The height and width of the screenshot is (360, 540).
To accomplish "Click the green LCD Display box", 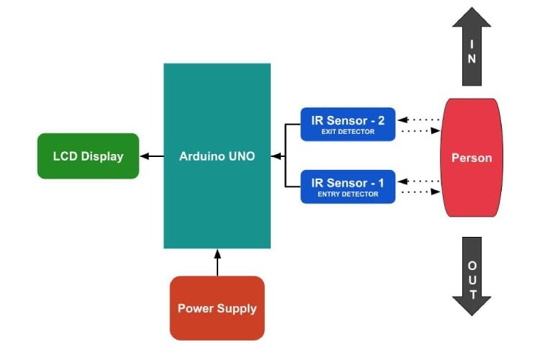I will tap(88, 156).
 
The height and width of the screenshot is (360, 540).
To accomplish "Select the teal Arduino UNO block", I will tap(217, 156).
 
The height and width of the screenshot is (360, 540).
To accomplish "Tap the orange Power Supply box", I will tap(217, 308).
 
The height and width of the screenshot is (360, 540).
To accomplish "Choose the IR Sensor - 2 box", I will tap(348, 124).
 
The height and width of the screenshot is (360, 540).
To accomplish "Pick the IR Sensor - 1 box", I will tap(348, 186).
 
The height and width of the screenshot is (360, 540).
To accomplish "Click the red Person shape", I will tap(472, 157).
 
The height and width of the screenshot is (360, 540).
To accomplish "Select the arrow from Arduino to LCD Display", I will tap(151, 156).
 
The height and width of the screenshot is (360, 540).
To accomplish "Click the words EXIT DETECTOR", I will tap(348, 132).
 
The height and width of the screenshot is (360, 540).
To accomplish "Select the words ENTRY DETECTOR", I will tap(348, 194).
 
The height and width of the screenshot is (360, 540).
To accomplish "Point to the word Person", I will tap(472, 158).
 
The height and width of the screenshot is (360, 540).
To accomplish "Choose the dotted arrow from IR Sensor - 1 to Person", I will tap(419, 192).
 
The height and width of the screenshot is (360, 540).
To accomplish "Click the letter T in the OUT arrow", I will tap(472, 294).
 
